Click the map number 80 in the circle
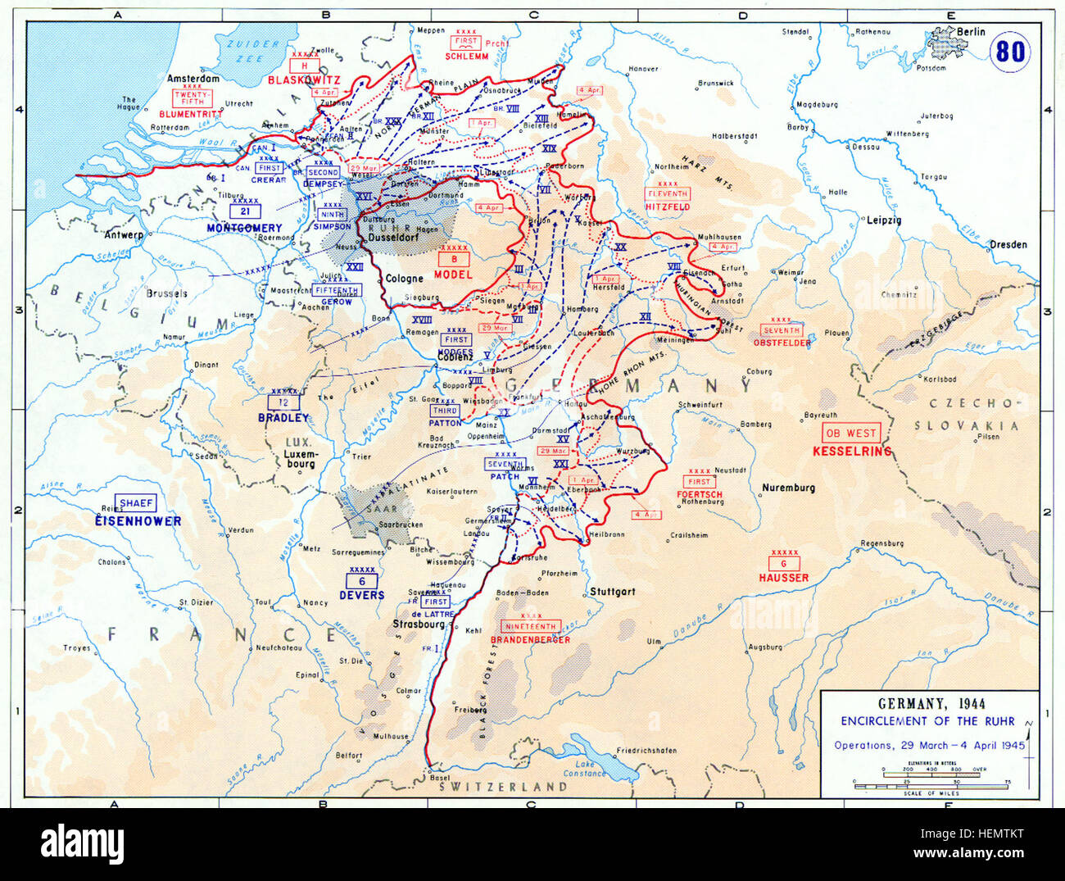[x=1010, y=52]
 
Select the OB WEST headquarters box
[x=850, y=434]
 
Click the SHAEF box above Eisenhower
[x=136, y=503]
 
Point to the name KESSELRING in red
[x=851, y=452]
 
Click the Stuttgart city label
[x=612, y=591]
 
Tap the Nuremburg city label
[x=788, y=488]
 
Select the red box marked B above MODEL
[x=454, y=259]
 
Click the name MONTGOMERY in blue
[x=244, y=228]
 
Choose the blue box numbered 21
[x=245, y=211]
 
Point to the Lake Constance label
[x=584, y=769]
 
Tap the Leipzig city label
[x=883, y=220]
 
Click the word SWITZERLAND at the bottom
[x=503, y=787]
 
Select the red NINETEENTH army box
[x=530, y=626]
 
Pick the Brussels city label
[x=166, y=293]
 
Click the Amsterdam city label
[x=193, y=79]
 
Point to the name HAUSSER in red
[x=783, y=578]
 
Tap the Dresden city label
[x=1008, y=244]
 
